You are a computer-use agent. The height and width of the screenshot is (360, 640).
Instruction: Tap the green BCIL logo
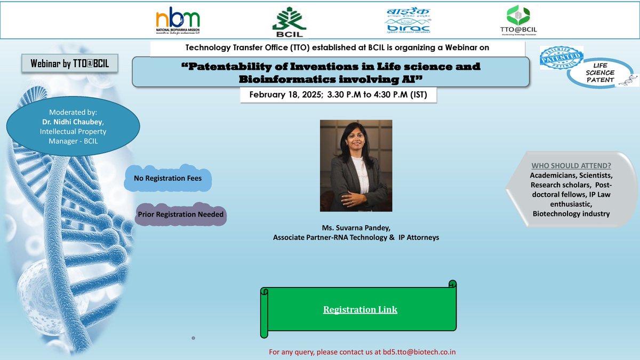(x=289, y=22)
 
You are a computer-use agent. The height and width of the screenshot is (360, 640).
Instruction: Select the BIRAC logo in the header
(x=409, y=21)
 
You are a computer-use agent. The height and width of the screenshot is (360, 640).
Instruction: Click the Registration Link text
(x=360, y=310)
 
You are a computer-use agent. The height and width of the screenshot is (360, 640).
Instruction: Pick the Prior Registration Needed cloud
(x=180, y=214)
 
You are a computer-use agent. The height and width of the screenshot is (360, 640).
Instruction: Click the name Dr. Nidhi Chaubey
(x=74, y=123)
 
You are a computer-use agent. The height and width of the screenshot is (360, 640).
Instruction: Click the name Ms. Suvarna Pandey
(x=356, y=228)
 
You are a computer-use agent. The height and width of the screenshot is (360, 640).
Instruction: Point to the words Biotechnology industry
(x=571, y=213)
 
